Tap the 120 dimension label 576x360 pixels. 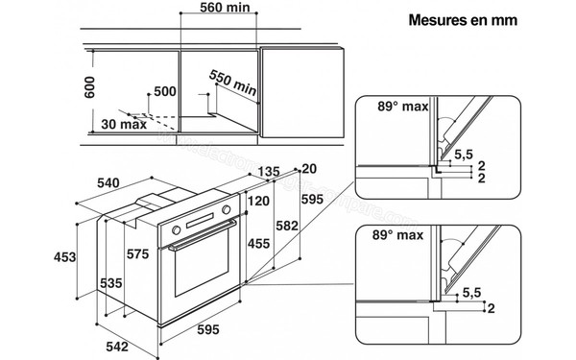(256, 203)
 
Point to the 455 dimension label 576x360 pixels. (256, 245)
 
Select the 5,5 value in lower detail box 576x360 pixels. (471, 292)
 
